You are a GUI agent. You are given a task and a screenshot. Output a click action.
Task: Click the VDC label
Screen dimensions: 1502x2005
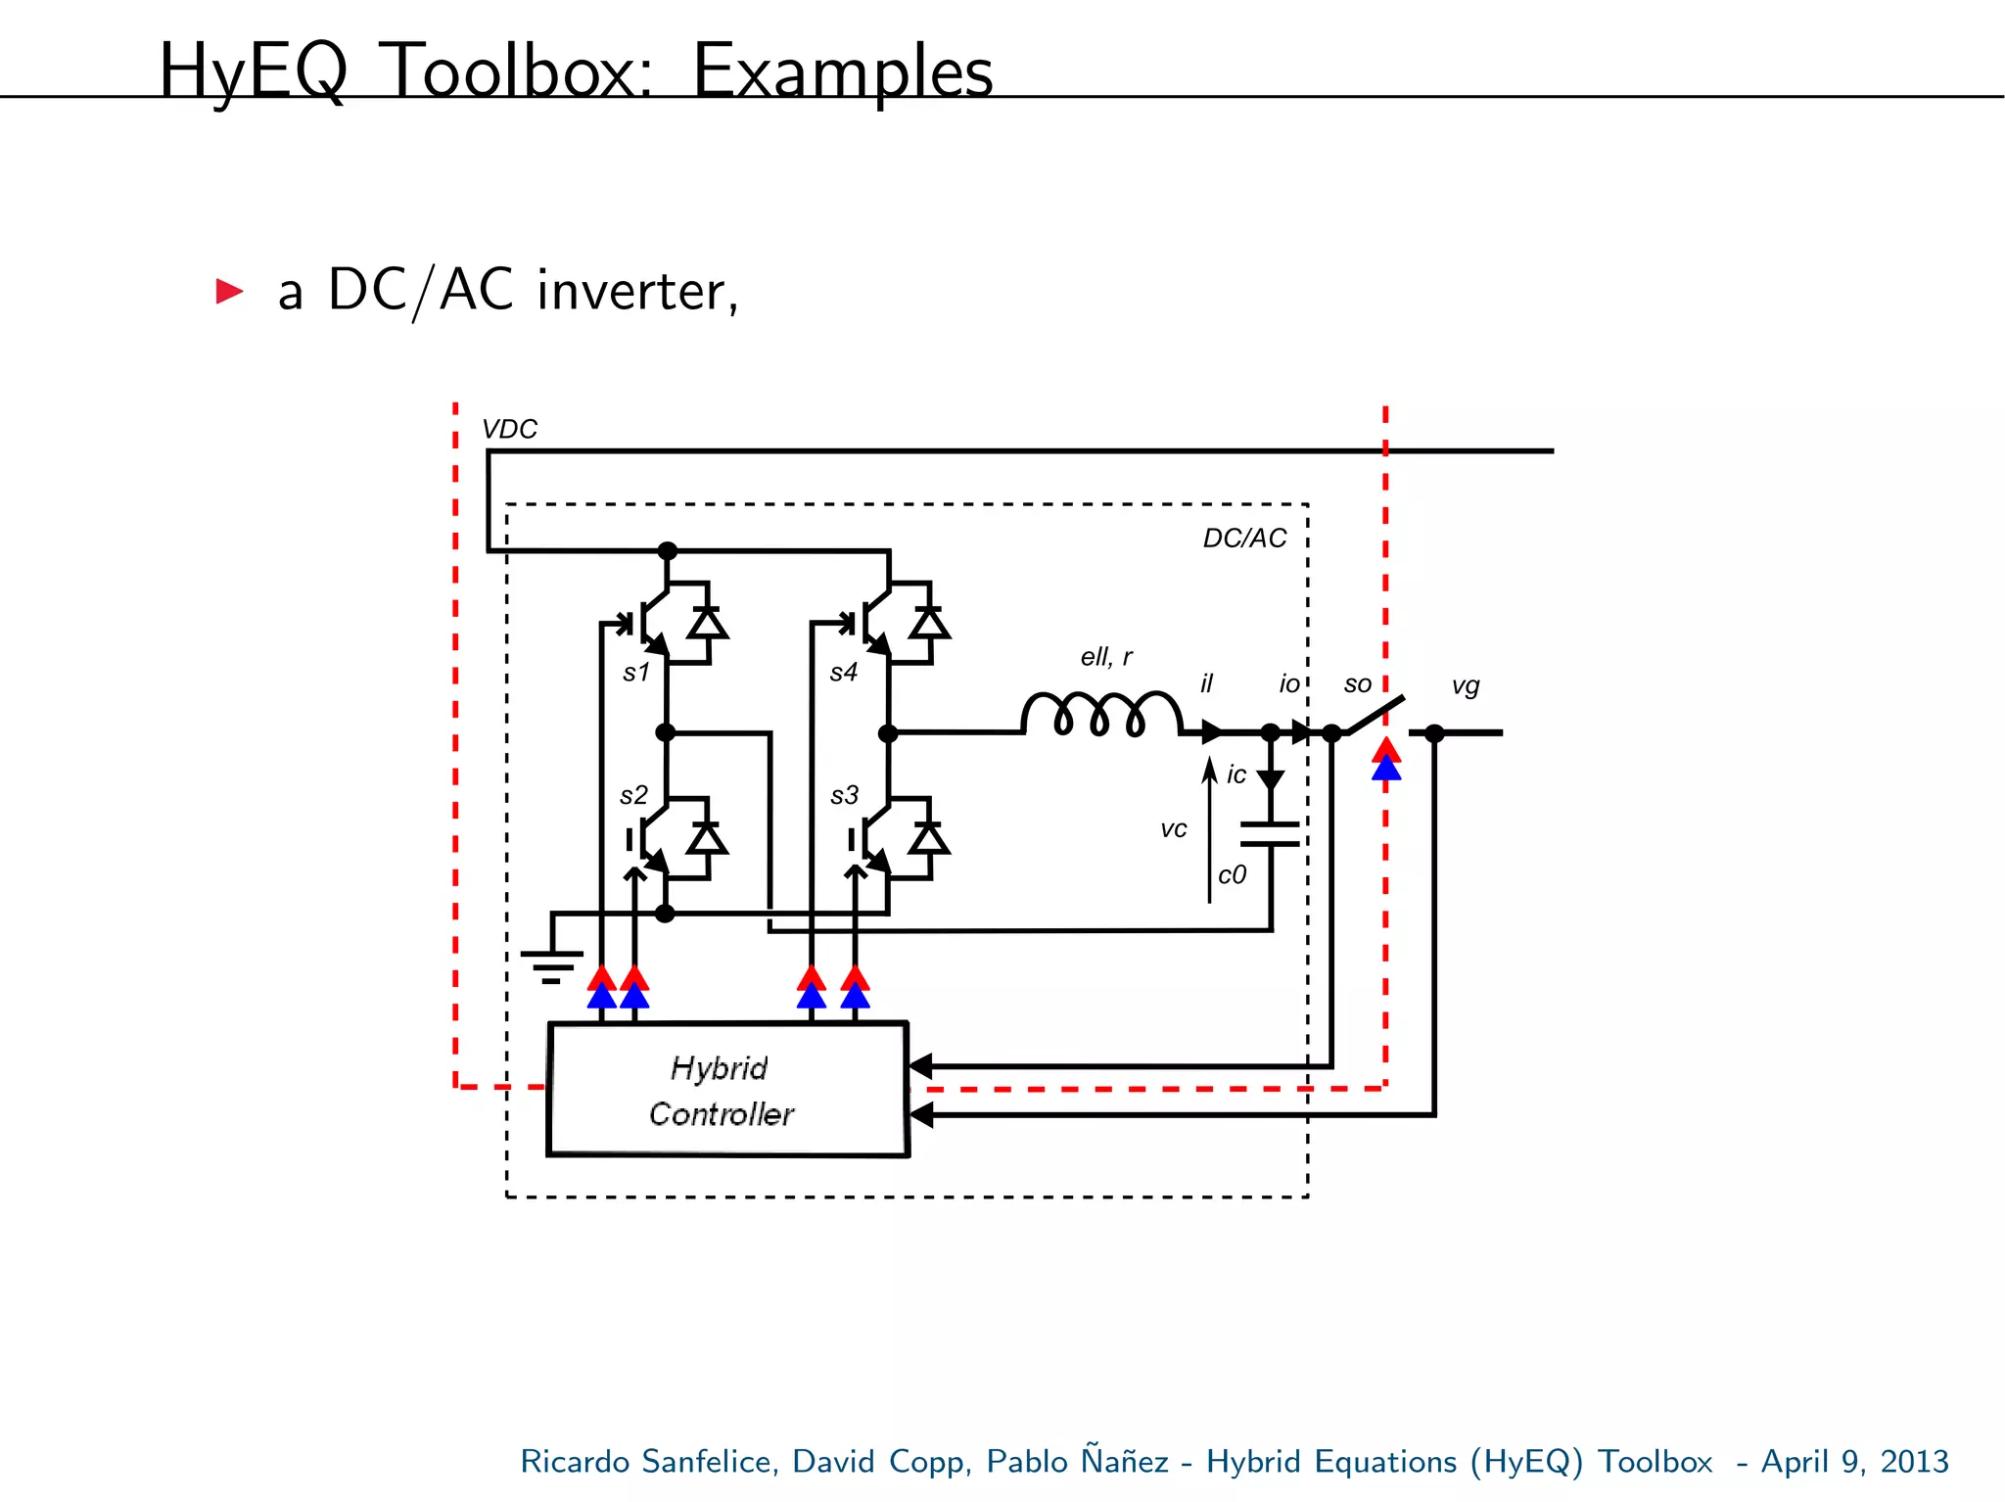509,429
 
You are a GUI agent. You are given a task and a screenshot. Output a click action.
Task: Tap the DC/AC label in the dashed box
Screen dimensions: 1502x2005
1244,538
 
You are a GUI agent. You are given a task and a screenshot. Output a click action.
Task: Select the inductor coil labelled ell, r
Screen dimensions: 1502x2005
1101,713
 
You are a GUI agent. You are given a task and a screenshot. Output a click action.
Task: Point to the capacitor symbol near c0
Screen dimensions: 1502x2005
1270,833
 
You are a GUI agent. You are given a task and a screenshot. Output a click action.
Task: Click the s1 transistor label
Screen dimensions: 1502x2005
636,673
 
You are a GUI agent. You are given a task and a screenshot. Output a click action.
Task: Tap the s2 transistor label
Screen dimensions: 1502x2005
633,795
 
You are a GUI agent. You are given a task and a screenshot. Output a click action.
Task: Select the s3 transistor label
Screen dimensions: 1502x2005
844,795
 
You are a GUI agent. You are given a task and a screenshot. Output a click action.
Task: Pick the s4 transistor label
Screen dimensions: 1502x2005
843,673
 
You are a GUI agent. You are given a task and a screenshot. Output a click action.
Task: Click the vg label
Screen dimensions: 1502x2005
1465,685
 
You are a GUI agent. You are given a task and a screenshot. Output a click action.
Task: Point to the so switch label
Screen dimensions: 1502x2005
1357,684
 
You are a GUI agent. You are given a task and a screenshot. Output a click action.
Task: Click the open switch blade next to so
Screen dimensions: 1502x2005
1376,715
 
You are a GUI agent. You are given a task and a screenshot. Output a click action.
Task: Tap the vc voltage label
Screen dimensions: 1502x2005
1173,829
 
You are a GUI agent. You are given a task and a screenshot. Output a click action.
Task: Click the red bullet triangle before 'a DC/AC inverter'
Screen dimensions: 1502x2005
229,291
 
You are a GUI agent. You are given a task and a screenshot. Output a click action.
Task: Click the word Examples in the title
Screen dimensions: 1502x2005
842,71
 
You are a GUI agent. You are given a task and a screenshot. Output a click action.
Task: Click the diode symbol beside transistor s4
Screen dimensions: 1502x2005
928,623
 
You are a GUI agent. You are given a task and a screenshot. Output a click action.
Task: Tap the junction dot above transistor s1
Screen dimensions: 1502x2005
667,550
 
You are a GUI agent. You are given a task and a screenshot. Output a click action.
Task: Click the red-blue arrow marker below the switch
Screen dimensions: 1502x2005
1385,760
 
